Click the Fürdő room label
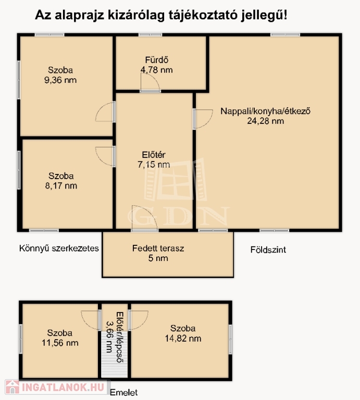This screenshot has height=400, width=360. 157,60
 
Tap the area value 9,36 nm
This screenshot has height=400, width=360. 60,80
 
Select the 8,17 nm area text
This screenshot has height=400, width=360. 61,186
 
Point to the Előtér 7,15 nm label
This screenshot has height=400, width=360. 154,159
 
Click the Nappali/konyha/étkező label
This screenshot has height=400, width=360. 265,111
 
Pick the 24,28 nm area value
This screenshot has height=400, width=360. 265,121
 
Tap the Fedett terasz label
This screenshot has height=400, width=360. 158,248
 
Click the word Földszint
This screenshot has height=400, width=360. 268,249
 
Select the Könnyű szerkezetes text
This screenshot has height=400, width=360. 59,248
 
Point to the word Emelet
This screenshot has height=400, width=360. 124,392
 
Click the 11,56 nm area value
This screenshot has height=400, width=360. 60,343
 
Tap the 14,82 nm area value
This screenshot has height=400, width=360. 183,339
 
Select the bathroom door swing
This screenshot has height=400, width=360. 150,82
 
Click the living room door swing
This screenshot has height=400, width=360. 203,119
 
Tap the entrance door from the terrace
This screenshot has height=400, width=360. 144,218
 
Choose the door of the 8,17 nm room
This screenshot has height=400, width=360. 105,156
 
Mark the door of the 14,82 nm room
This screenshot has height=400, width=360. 138,320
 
